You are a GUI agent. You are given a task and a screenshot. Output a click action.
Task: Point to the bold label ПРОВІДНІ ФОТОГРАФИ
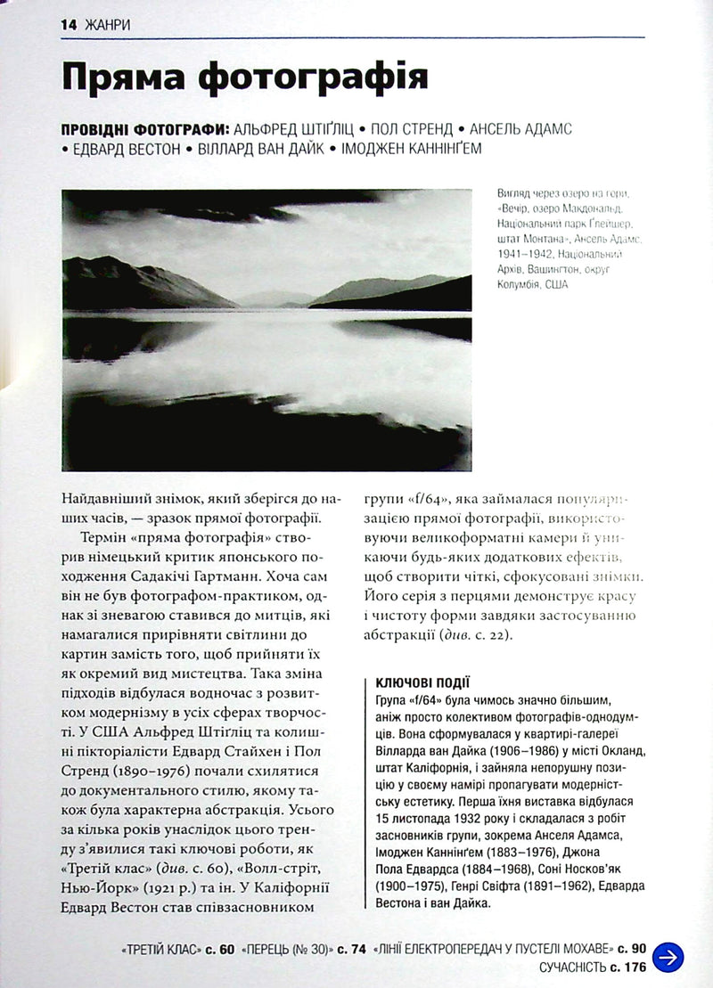click(135, 129)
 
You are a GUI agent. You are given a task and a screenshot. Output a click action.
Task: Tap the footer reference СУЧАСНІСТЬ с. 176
click(592, 967)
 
